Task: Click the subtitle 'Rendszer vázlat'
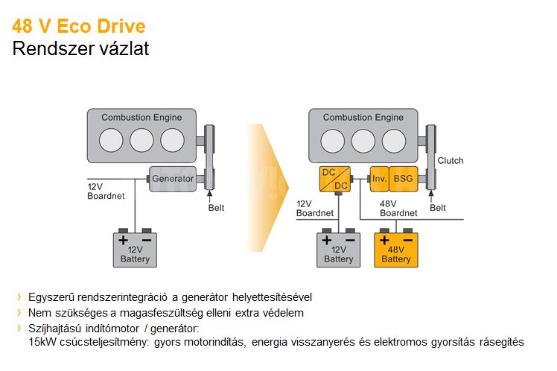coord(80,50)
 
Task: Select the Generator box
coord(172,179)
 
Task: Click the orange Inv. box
coord(379,179)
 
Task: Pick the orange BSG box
coord(404,179)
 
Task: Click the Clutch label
coord(451,161)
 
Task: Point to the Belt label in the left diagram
coord(215,208)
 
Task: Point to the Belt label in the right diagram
coord(438,208)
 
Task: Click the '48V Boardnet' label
coord(398,208)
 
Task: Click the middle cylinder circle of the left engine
coord(141,141)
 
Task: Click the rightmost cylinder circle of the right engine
coord(394,141)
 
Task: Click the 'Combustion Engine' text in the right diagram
coord(363,118)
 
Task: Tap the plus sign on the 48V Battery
coord(384,241)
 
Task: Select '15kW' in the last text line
coord(40,342)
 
